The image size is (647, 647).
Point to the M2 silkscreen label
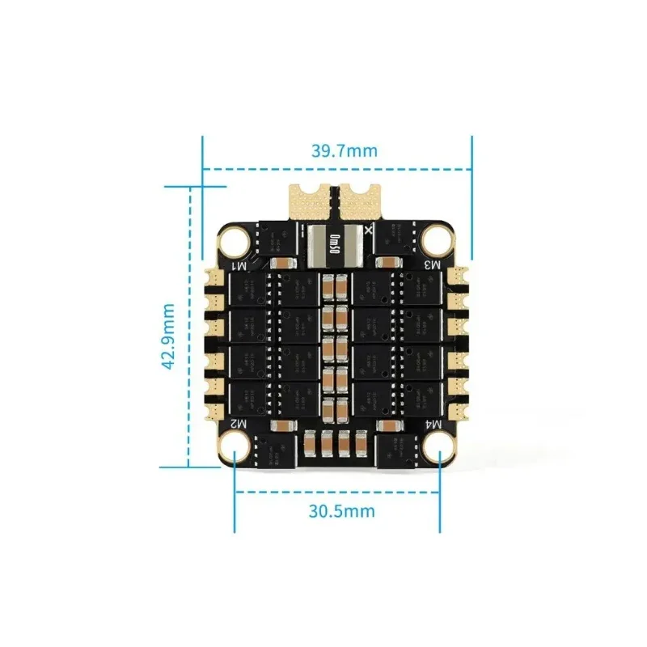239,424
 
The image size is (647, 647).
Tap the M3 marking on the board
433,264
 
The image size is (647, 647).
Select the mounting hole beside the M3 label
438,239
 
